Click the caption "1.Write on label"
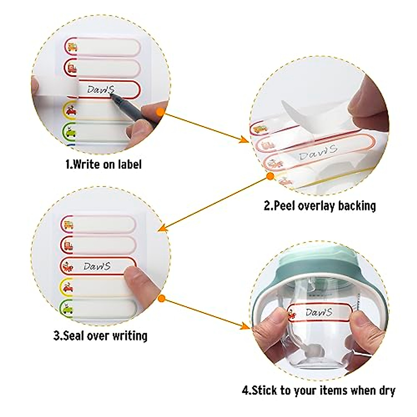103,164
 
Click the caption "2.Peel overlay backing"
320,206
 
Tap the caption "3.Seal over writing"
100,336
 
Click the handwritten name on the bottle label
319,312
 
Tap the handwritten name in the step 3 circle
97,267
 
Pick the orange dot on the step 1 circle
160,112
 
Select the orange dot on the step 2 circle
270,176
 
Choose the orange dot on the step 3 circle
161,299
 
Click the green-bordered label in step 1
101,132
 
